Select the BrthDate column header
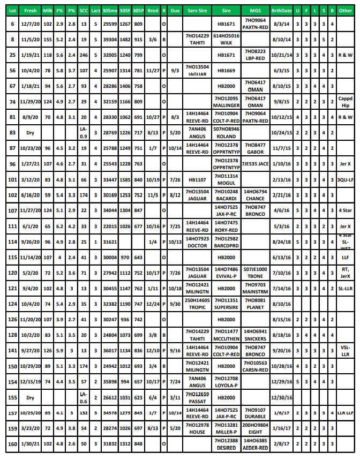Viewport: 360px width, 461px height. tap(282, 10)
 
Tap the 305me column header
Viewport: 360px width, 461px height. tap(110, 10)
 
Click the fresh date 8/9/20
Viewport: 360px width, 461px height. tap(31, 117)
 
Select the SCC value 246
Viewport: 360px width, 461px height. tap(83, 55)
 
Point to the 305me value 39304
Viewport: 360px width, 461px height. tap(110, 40)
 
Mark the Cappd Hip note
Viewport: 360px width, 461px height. tap(345, 102)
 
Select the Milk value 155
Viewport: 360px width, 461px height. tap(48, 40)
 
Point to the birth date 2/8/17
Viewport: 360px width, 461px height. tap(282, 443)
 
